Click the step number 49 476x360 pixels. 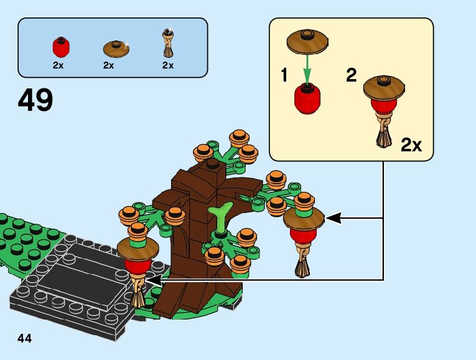pyautogui.click(x=36, y=100)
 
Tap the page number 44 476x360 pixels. pyautogui.click(x=25, y=338)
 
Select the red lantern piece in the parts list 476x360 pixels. pyautogui.click(x=60, y=47)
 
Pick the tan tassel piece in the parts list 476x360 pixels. pyautogui.click(x=167, y=44)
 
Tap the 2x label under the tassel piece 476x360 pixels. pyautogui.click(x=168, y=65)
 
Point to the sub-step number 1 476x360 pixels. pyautogui.click(x=284, y=77)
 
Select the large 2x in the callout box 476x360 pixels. pyautogui.click(x=411, y=146)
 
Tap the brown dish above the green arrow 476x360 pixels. pyautogui.click(x=306, y=42)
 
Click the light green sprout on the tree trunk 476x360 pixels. pyautogui.click(x=220, y=217)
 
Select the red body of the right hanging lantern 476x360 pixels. pyautogui.click(x=303, y=234)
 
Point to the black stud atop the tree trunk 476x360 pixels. pyautogui.click(x=213, y=164)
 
